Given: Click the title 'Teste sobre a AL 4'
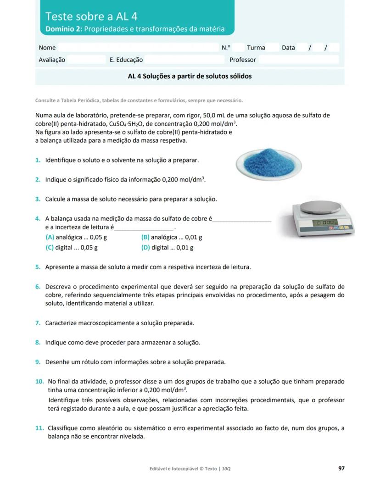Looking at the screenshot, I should pyautogui.click(x=91, y=17).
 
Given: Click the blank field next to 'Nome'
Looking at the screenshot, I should pyautogui.click(x=138, y=48).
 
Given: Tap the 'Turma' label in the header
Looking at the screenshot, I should pyautogui.click(x=256, y=48).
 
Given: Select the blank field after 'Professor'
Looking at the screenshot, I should pyautogui.click(x=298, y=60).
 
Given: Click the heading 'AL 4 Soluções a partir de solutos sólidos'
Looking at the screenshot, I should pyautogui.click(x=190, y=77).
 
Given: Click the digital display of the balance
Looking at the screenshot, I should pyautogui.click(x=325, y=222).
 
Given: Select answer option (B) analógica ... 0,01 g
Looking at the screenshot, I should pyautogui.click(x=172, y=237).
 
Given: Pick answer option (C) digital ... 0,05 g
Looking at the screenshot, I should pyautogui.click(x=72, y=248).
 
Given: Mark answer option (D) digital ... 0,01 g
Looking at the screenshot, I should pyautogui.click(x=167, y=248).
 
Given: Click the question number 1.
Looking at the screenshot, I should pyautogui.click(x=38, y=161).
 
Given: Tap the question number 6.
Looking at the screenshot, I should pyautogui.click(x=38, y=287).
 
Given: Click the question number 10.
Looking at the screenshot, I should pyautogui.click(x=39, y=382).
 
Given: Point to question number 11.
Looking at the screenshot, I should pyautogui.click(x=39, y=428).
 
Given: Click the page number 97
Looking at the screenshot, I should pyautogui.click(x=341, y=468).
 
